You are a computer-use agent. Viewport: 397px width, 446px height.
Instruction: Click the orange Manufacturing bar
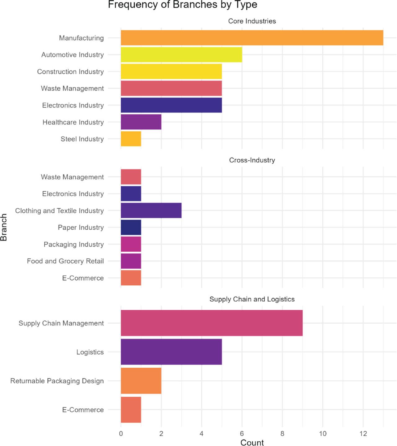tap(252, 38)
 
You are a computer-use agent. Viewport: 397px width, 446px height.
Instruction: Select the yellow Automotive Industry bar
tap(181, 55)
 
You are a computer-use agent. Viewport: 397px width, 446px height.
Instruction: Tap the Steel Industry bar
tap(131, 139)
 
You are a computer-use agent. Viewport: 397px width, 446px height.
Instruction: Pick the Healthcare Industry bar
tap(141, 122)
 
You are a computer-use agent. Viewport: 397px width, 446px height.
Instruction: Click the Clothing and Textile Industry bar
tap(151, 210)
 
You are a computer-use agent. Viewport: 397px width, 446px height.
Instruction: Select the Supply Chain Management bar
tap(212, 323)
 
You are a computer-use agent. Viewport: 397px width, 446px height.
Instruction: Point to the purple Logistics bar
tap(171, 352)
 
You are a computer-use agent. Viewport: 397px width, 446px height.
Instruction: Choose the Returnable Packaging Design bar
tap(141, 381)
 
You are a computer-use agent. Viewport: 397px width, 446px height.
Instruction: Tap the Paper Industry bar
tap(131, 227)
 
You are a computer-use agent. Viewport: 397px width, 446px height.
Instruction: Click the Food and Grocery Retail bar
tap(131, 261)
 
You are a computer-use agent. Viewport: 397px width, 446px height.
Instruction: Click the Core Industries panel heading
tap(252, 21)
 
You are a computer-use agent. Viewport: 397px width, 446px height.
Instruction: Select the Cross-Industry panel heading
tap(252, 160)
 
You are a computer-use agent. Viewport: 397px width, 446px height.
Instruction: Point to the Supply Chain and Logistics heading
tap(252, 299)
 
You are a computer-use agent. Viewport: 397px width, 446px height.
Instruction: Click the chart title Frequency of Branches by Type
tap(182, 5)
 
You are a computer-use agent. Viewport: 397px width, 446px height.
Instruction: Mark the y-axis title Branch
tap(4, 227)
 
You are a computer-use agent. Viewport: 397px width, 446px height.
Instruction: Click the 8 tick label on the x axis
tap(282, 434)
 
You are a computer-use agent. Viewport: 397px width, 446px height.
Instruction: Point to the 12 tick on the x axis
tap(363, 434)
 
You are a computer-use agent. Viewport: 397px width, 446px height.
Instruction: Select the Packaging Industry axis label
tap(74, 245)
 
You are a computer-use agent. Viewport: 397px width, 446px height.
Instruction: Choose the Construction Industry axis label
tap(70, 72)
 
